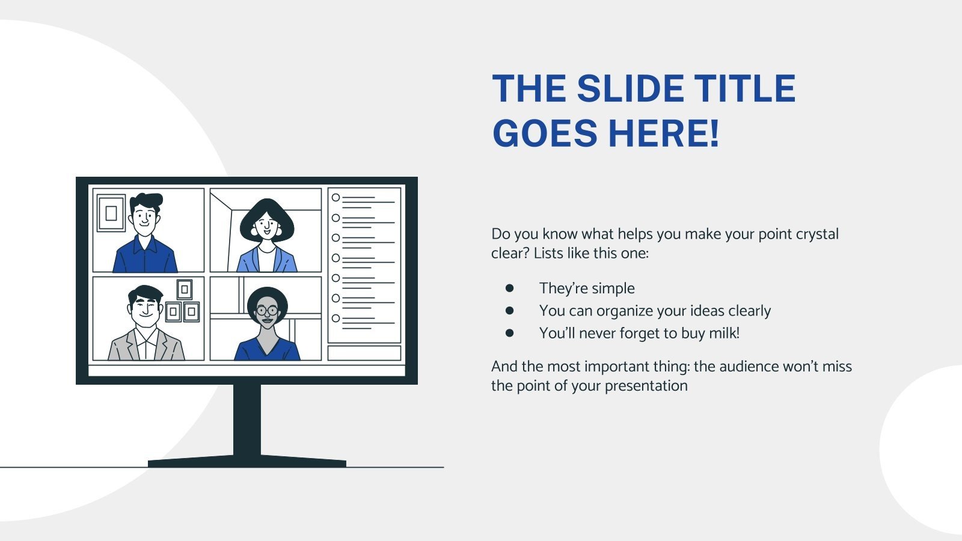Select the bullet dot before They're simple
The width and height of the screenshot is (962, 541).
click(x=510, y=289)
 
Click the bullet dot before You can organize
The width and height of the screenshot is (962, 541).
click(x=510, y=311)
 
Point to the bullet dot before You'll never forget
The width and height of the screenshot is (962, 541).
click(x=510, y=333)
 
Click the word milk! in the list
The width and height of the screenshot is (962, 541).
click(x=724, y=333)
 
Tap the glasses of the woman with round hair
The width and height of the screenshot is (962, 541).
click(x=267, y=311)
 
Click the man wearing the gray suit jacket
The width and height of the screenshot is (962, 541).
click(x=146, y=328)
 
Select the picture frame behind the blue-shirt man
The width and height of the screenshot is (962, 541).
click(x=111, y=213)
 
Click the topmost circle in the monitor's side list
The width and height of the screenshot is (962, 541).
click(x=336, y=198)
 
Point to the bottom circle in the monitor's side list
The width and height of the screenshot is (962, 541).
click(x=336, y=318)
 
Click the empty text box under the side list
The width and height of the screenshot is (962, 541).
click(x=364, y=353)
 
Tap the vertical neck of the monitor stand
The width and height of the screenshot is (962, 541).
click(x=247, y=421)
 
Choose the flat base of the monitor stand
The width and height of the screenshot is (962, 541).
click(x=247, y=462)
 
